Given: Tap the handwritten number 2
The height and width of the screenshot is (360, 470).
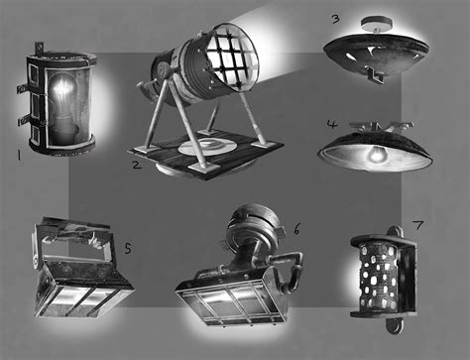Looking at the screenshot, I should pyautogui.click(x=136, y=164).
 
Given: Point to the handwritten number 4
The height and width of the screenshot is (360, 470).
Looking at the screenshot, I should pyautogui.click(x=333, y=126).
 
